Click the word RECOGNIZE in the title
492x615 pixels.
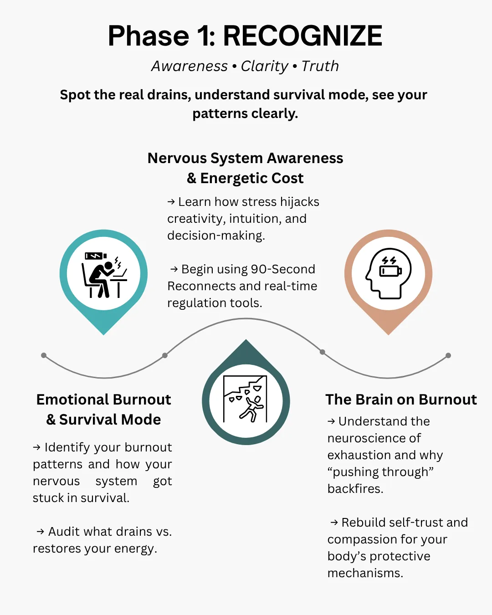point(302,36)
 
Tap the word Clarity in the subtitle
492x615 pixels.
point(264,66)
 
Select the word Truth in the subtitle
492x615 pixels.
point(320,66)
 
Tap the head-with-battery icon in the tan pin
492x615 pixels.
point(388,273)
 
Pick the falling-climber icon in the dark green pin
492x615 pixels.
point(246,400)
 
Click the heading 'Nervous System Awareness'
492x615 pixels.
point(245,158)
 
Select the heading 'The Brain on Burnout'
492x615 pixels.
point(401,400)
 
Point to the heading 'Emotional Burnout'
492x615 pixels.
point(103,400)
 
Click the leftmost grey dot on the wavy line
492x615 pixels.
point(44,355)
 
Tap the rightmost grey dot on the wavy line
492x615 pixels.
point(448,355)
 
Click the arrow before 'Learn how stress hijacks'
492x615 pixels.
point(171,202)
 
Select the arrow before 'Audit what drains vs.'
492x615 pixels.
point(40,532)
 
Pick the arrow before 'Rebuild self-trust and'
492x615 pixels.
point(334,523)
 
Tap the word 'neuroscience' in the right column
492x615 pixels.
point(374,438)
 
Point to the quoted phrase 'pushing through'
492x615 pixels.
point(380,472)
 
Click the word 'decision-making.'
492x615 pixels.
point(216,236)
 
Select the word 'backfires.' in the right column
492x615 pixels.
point(355,489)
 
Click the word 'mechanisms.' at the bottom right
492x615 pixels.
point(365,573)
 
